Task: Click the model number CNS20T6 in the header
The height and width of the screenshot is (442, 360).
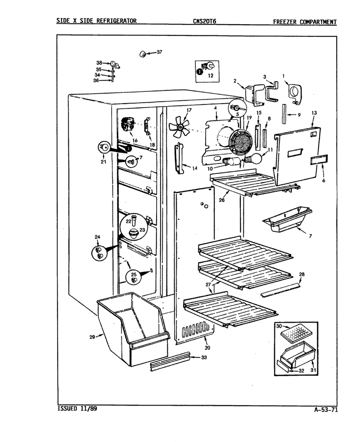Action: [x=204, y=21]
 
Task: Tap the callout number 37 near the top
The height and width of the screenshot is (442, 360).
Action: [x=159, y=52]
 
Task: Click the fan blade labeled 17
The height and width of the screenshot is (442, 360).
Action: [x=179, y=127]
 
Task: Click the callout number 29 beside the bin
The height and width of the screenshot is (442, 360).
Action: [x=92, y=337]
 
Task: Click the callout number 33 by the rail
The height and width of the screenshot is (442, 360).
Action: [x=204, y=357]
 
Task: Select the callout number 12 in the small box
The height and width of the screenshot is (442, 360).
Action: [x=211, y=76]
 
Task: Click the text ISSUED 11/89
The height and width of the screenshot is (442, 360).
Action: [x=77, y=408]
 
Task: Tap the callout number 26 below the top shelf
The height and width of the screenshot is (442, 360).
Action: [x=221, y=200]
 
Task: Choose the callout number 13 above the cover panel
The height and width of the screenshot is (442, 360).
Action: [x=314, y=113]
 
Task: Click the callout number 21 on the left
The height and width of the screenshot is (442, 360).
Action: [x=103, y=162]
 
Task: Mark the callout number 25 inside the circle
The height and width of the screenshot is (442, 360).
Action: [x=134, y=274]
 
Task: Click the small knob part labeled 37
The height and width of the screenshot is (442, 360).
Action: [x=143, y=54]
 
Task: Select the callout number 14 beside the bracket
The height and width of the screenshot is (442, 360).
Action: [x=194, y=168]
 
